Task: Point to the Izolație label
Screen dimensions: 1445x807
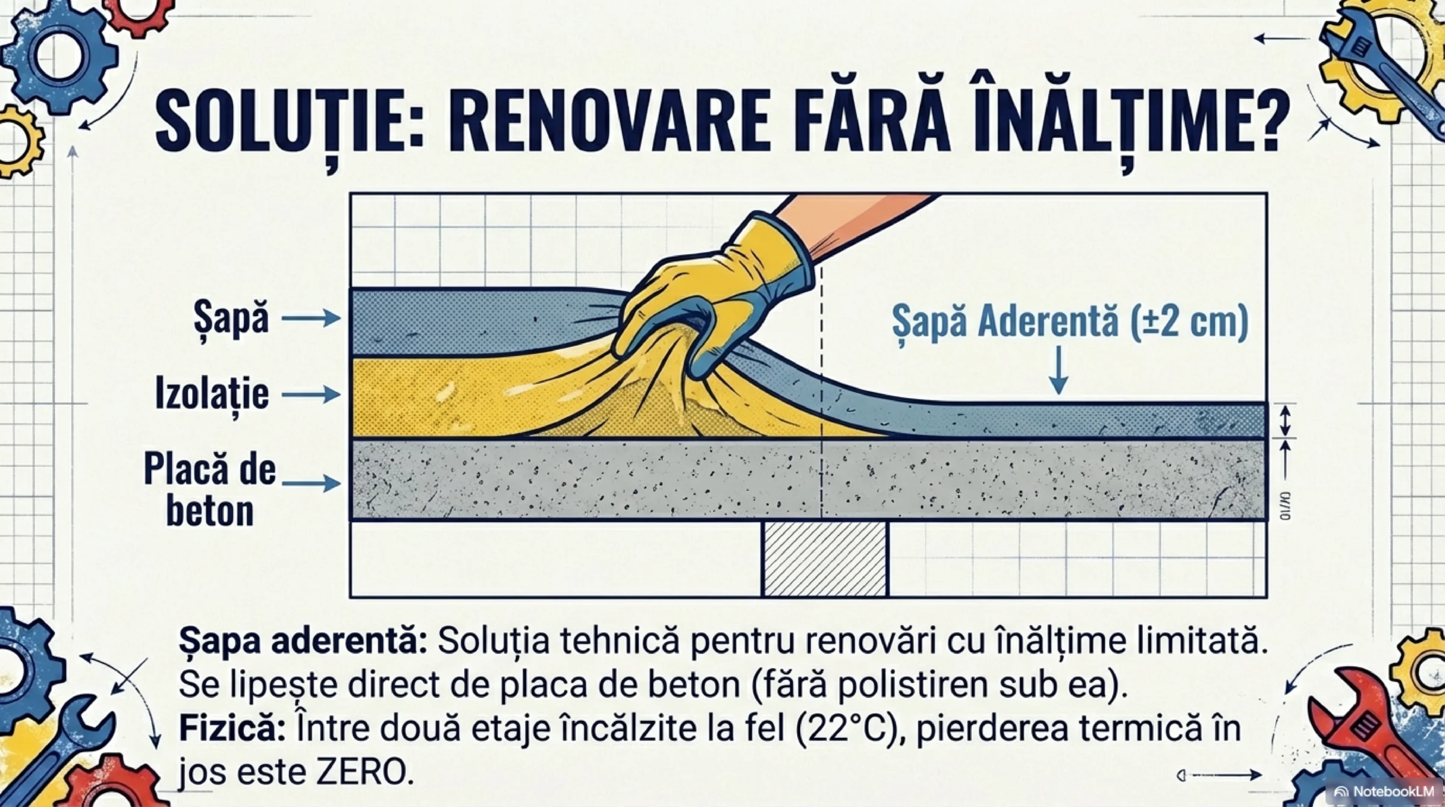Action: point(212,394)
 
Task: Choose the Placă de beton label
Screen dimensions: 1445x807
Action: point(210,490)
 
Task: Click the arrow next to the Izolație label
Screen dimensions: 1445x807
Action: point(311,394)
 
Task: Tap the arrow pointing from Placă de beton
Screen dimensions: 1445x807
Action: point(311,483)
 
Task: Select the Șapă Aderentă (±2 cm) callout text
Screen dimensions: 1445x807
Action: point(1070,322)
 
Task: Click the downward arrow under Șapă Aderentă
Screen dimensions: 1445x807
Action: point(1058,371)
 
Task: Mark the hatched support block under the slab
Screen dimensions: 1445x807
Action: point(825,559)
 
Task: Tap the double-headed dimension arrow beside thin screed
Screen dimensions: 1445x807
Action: point(1285,421)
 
